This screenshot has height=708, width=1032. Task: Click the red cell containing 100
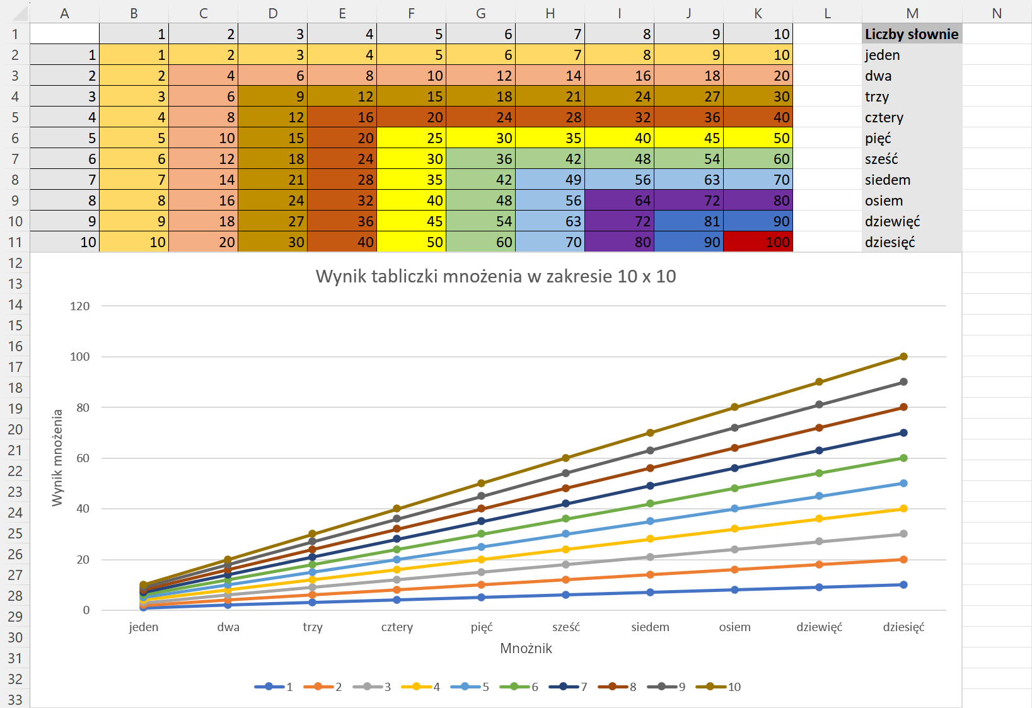[x=758, y=242]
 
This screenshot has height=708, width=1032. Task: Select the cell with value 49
[x=550, y=180]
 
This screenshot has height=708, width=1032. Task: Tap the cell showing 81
[x=688, y=221]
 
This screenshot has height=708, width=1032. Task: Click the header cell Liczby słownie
[x=911, y=34]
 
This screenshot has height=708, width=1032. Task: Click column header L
[x=827, y=13]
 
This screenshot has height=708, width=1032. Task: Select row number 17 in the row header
[x=15, y=367]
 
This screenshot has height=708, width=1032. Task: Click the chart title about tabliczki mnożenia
[x=496, y=276]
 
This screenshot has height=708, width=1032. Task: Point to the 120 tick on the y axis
[x=80, y=306]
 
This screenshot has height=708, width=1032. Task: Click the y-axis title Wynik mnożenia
[x=57, y=458]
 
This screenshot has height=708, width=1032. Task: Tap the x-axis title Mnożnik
[x=526, y=648]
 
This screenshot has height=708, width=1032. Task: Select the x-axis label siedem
[x=650, y=627]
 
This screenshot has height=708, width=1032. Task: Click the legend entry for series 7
[x=568, y=687]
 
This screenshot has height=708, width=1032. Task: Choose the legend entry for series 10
[x=718, y=687]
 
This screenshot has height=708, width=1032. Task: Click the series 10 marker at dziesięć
[x=903, y=357]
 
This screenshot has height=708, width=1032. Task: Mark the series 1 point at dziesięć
[x=903, y=585]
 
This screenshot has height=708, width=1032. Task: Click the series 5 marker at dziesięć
[x=903, y=484]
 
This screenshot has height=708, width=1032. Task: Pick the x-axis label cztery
[x=397, y=627]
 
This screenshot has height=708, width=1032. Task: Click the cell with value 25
[x=411, y=138]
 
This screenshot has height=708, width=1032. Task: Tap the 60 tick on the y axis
[x=83, y=458]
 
